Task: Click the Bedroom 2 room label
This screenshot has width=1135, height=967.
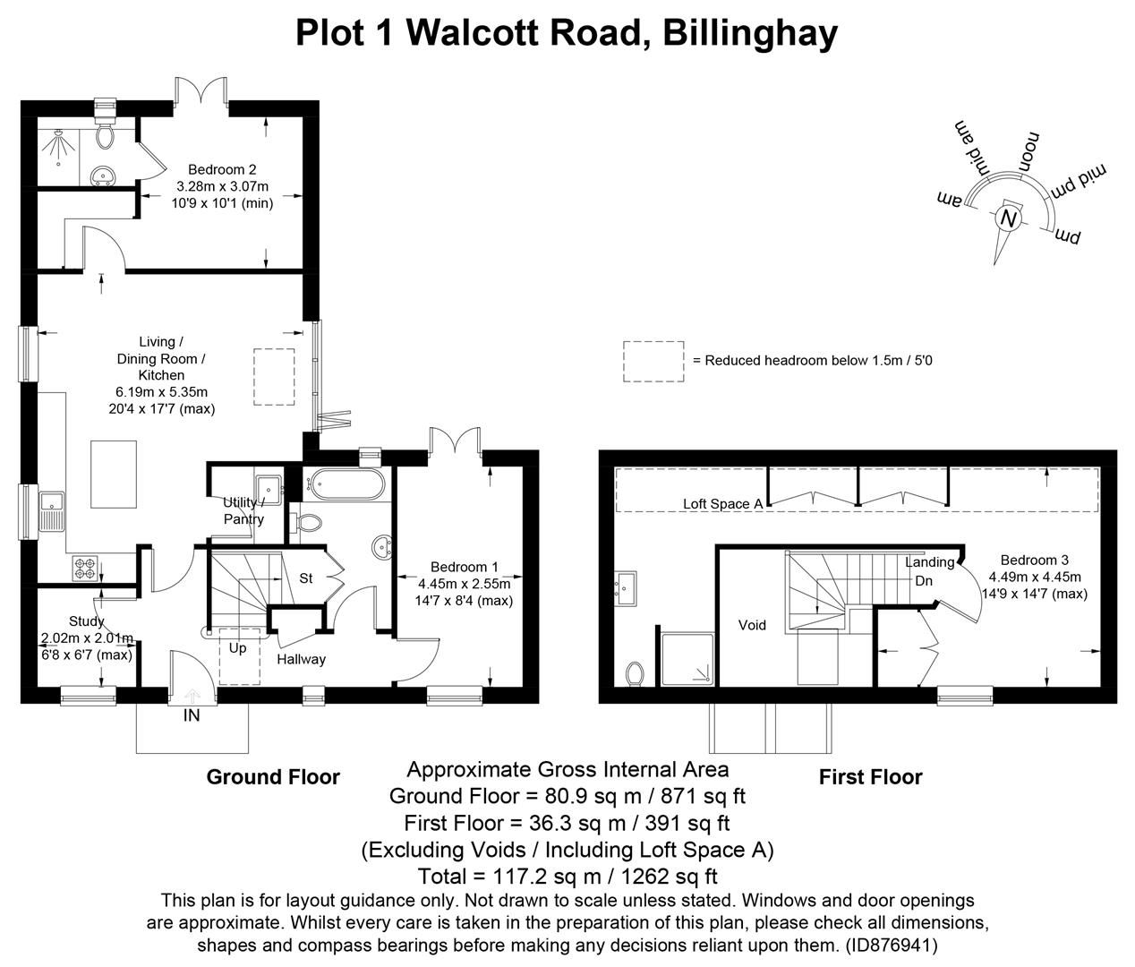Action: point(216,169)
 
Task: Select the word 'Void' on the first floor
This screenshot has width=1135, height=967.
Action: point(752,625)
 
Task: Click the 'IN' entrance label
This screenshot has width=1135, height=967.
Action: point(192,715)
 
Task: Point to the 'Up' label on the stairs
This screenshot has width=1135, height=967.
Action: point(237,648)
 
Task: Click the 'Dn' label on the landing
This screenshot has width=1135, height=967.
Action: point(924,580)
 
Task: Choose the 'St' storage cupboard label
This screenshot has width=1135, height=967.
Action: point(305,578)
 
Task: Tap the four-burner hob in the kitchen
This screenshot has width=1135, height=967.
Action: point(84,567)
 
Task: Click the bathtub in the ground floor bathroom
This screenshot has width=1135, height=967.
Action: point(346,486)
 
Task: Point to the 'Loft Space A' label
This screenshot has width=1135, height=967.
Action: point(722,504)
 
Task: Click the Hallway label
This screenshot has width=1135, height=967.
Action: point(301,659)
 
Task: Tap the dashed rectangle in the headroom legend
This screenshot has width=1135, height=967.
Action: point(653,361)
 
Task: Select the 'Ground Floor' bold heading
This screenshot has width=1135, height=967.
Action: point(273,776)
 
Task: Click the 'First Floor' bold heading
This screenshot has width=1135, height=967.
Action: point(870,776)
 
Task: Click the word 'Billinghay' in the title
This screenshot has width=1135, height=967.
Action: point(751,32)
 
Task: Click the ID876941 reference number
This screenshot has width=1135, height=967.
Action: point(891,945)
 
